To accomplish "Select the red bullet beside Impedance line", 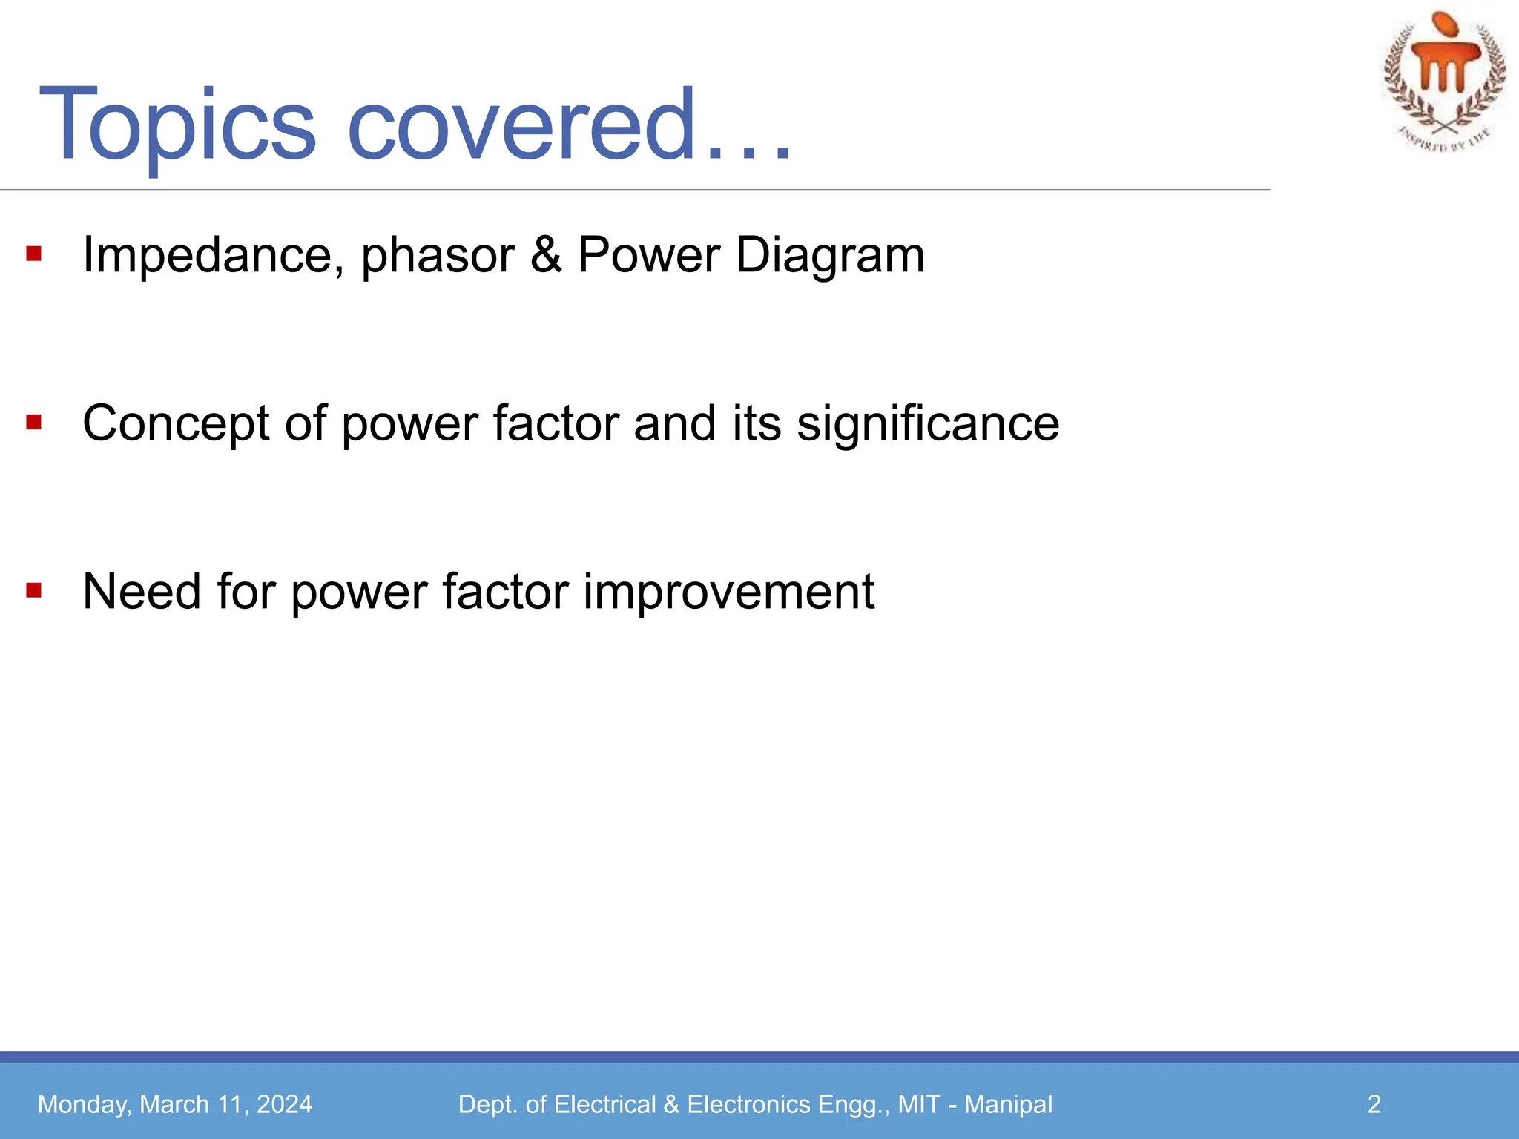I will click(x=33, y=254).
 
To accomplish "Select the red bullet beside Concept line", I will click(x=33, y=423).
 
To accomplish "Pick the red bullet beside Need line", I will click(x=33, y=591).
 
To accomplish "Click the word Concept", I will click(x=176, y=424).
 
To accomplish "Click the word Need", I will click(x=142, y=592).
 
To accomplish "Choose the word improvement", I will click(x=728, y=592).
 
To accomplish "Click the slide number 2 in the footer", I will click(x=1374, y=1104).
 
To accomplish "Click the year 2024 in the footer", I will click(x=284, y=1104).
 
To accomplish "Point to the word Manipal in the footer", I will click(x=1008, y=1104).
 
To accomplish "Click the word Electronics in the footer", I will click(x=748, y=1104).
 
